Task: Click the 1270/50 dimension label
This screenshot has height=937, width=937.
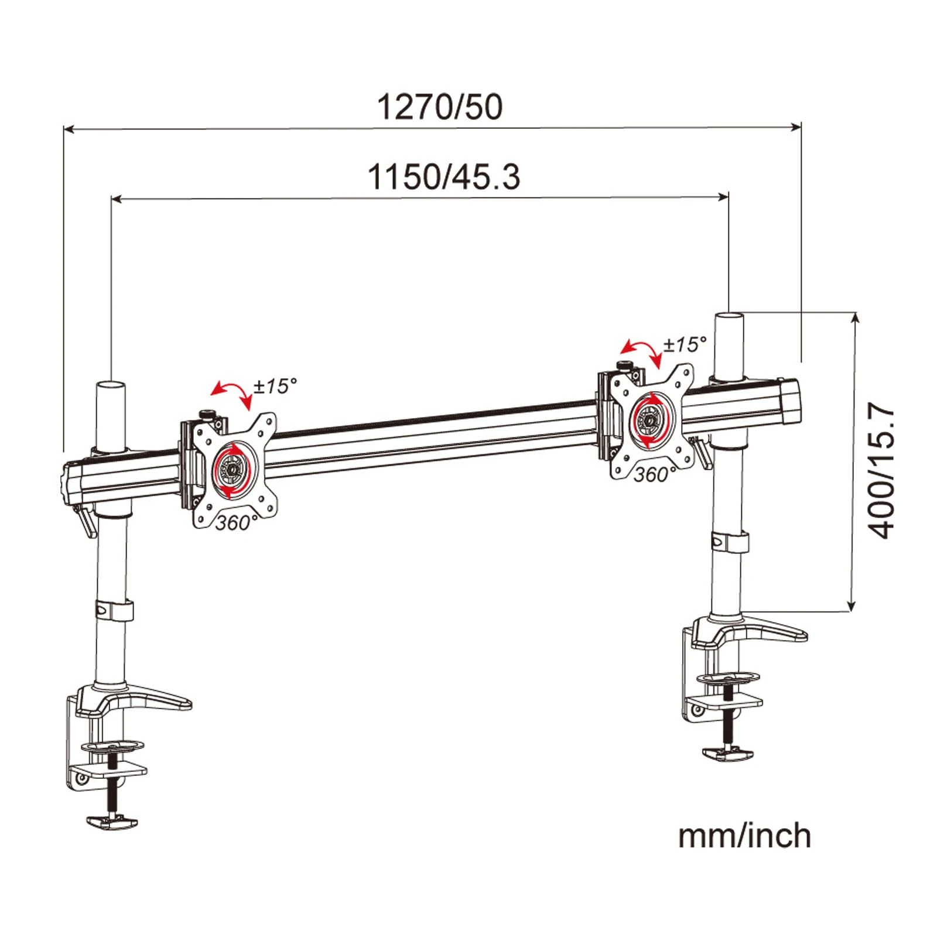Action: coord(439,107)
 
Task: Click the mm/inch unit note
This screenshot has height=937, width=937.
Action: coord(744,836)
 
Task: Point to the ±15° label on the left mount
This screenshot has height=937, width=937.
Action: coord(275,386)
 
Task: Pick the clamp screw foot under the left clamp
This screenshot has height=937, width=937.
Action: coord(112,822)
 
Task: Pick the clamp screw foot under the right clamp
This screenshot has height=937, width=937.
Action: coord(729,754)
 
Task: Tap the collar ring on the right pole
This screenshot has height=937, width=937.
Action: coord(730,542)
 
